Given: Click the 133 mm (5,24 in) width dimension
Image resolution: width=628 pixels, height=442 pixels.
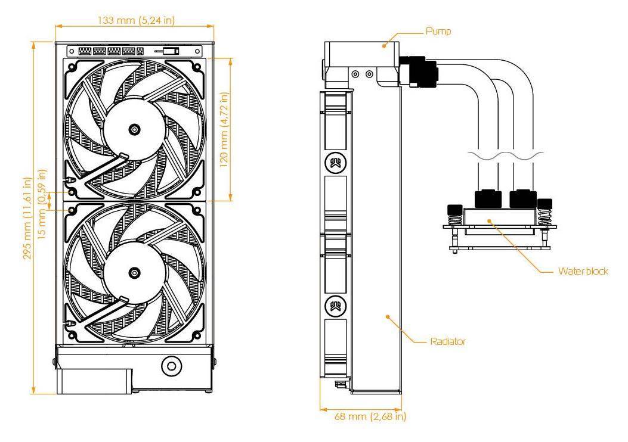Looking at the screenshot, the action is pos(136,20).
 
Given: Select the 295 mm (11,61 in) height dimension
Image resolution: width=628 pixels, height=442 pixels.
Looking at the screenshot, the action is pos(27,219).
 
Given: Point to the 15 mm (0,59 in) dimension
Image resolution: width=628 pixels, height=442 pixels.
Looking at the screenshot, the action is pos(42,204).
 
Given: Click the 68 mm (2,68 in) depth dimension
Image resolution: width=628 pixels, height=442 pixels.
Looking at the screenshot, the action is pos(370,416).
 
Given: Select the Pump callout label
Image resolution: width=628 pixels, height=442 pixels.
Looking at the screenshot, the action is pos(438,31).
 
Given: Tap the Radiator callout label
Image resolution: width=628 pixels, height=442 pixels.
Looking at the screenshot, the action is pos(448,341).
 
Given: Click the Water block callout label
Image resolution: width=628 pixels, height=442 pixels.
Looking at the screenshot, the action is pos(583,271).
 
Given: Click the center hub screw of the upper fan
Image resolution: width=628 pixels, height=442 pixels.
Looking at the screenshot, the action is pos(135,129).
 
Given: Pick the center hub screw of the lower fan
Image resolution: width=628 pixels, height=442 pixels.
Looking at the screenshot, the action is pos(135,273).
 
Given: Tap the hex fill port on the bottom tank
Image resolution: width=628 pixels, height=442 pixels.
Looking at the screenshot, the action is pos(171,366).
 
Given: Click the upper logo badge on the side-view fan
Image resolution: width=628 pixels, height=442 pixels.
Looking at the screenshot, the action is pos(336,163).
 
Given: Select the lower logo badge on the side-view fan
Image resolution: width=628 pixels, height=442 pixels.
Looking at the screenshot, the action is pos(336,306).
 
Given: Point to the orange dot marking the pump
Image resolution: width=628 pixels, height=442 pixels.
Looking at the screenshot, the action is pos(383,46).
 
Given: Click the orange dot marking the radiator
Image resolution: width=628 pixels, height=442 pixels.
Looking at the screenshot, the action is pos(388,316).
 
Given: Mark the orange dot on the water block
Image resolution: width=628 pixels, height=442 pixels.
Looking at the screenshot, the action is pos(489,220).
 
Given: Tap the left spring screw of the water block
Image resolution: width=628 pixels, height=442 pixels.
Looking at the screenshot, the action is pos(454,216).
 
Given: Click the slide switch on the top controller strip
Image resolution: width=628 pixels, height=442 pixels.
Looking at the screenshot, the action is pos(171,51).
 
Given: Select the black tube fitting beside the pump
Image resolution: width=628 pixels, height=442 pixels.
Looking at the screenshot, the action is pos(419,71).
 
